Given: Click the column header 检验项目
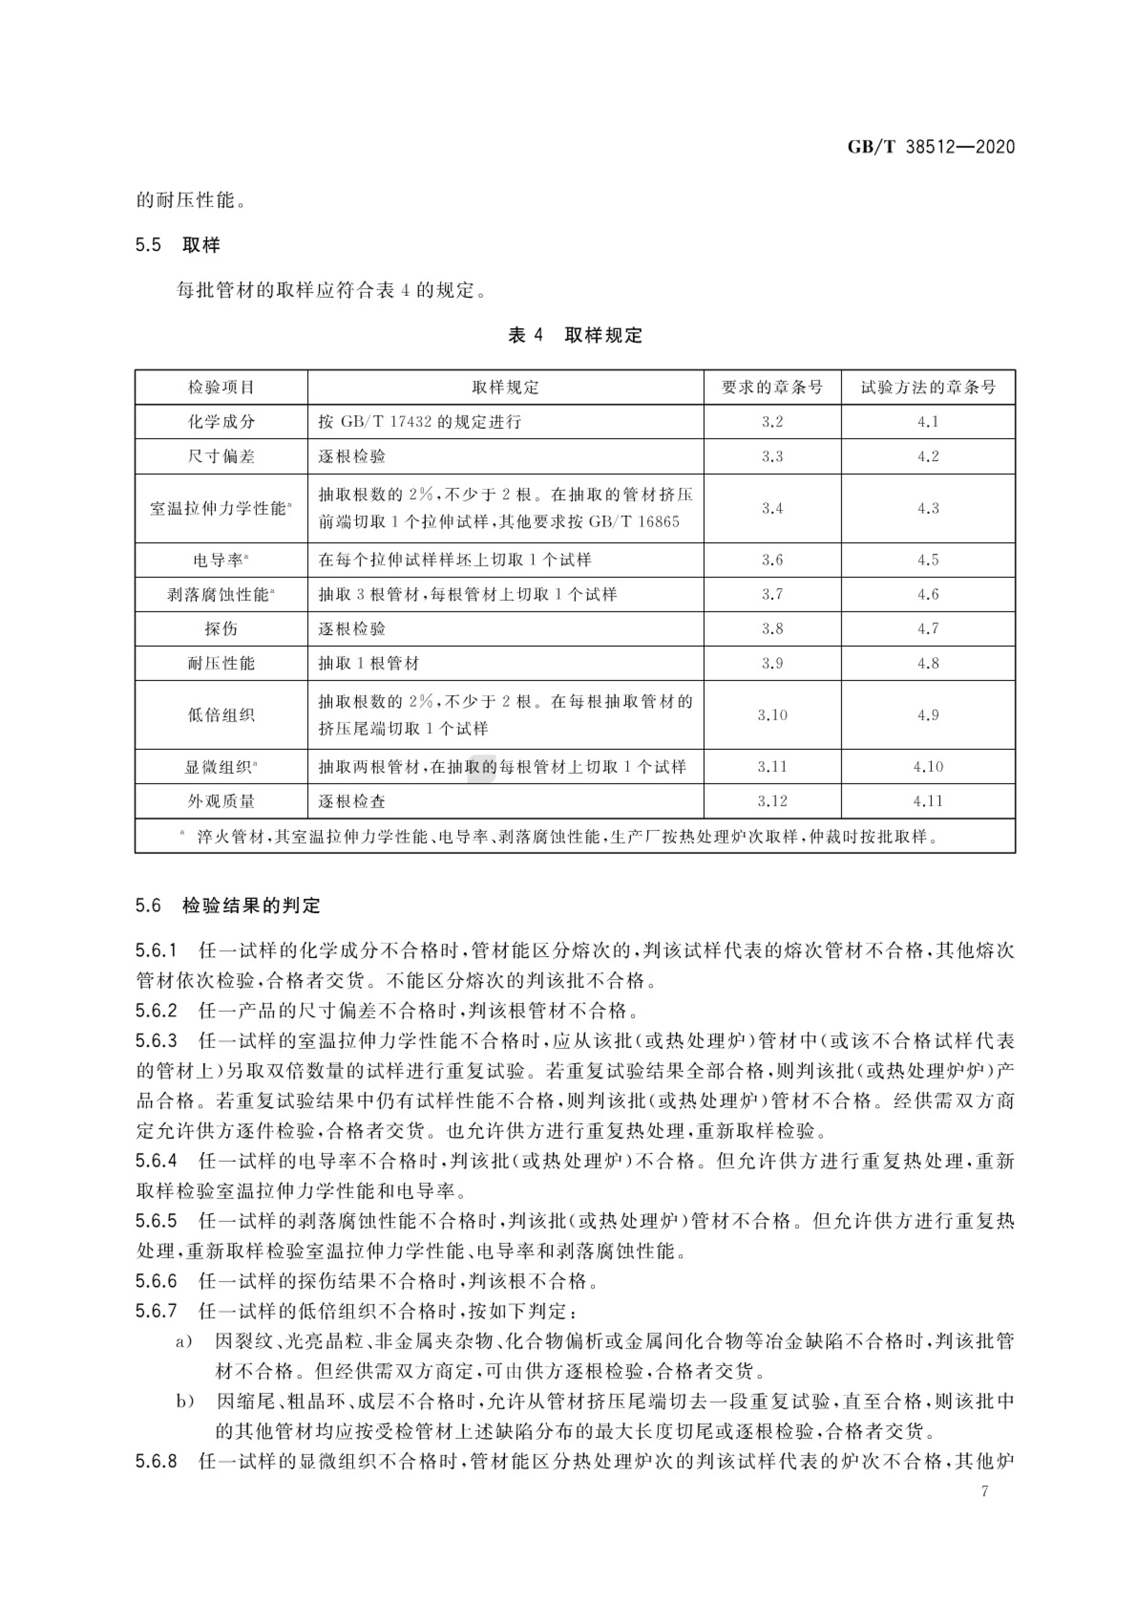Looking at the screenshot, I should click(221, 387).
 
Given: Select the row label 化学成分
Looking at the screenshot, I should click(221, 421).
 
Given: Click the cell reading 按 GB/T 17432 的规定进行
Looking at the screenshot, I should click(420, 421).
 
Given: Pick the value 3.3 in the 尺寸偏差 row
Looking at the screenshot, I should click(772, 456).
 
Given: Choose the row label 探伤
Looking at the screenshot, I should click(221, 628).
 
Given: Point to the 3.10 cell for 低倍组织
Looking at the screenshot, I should click(772, 715).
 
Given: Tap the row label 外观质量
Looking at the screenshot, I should click(221, 801).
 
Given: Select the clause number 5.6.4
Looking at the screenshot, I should click(156, 1161).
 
